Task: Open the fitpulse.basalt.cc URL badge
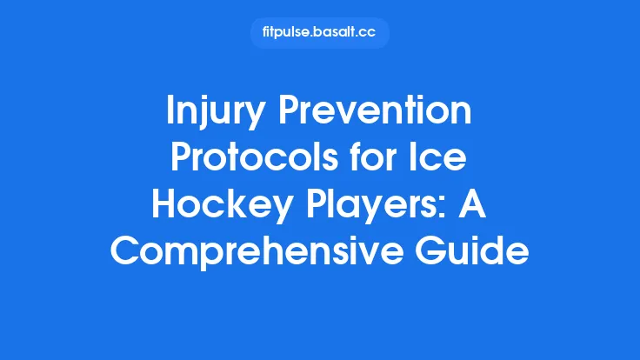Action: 319,33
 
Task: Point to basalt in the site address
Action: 336,33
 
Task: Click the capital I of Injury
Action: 171,113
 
